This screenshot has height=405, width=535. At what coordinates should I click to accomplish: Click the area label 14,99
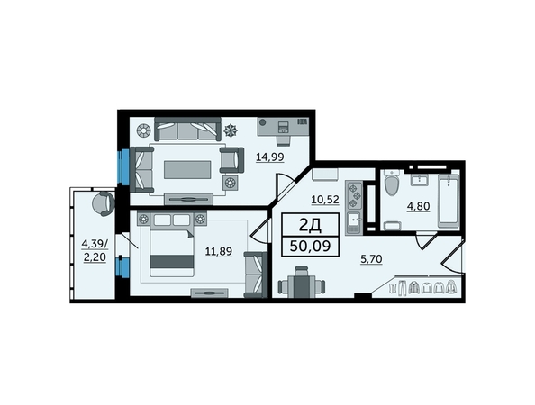pyautogui.click(x=270, y=157)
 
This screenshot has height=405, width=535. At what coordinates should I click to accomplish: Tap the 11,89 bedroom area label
pyautogui.click(x=218, y=251)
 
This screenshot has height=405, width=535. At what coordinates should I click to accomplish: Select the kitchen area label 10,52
pyautogui.click(x=325, y=200)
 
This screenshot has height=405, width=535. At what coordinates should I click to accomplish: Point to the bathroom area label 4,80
pyautogui.click(x=418, y=206)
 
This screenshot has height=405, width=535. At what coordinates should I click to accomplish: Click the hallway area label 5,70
pyautogui.click(x=372, y=259)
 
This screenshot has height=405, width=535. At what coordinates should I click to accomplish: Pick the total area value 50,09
pyautogui.click(x=310, y=246)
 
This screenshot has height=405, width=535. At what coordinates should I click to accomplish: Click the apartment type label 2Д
pyautogui.click(x=310, y=225)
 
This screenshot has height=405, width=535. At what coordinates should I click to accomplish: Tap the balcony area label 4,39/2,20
pyautogui.click(x=95, y=250)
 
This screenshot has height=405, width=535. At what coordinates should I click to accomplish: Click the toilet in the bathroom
pyautogui.click(x=392, y=183)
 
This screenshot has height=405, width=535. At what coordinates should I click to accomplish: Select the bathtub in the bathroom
pyautogui.click(x=449, y=201)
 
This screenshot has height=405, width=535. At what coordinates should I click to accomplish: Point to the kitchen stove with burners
pyautogui.click(x=354, y=195)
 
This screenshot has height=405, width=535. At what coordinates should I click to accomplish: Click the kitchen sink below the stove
pyautogui.click(x=354, y=223)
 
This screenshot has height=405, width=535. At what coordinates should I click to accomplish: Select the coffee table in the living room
pyautogui.click(x=187, y=170)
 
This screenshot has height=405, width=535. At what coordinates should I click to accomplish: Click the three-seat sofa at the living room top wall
pyautogui.click(x=187, y=129)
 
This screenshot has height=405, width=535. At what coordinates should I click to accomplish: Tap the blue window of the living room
pyautogui.click(x=123, y=166)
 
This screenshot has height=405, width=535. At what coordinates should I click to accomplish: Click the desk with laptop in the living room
pyautogui.click(x=283, y=127)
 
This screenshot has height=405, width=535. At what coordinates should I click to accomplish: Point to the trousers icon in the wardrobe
pyautogui.click(x=403, y=287)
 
